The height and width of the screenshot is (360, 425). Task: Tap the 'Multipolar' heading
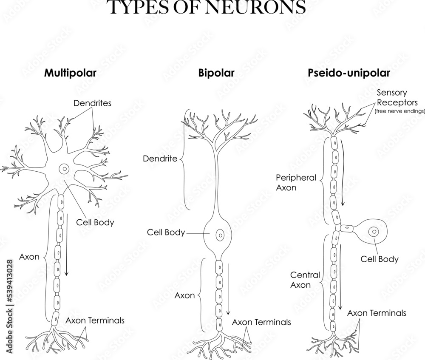click(x=71, y=73)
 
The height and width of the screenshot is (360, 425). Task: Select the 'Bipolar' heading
click(x=216, y=73)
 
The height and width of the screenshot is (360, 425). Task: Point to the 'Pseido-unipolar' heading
click(x=349, y=73)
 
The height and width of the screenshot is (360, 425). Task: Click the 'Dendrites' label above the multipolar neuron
click(x=92, y=102)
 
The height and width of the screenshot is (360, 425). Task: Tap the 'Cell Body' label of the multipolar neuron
click(x=95, y=222)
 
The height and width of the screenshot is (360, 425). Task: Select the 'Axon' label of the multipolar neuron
click(x=29, y=256)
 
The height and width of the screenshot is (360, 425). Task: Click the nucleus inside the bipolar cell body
click(x=220, y=234)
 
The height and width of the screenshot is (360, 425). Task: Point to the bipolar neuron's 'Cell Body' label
click(x=166, y=232)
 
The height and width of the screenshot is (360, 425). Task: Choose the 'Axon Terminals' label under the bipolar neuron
click(x=261, y=322)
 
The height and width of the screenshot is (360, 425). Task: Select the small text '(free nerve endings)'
click(x=399, y=111)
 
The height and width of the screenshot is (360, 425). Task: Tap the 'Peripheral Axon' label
click(x=296, y=182)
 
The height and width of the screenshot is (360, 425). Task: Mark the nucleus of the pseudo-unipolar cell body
click(x=374, y=232)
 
